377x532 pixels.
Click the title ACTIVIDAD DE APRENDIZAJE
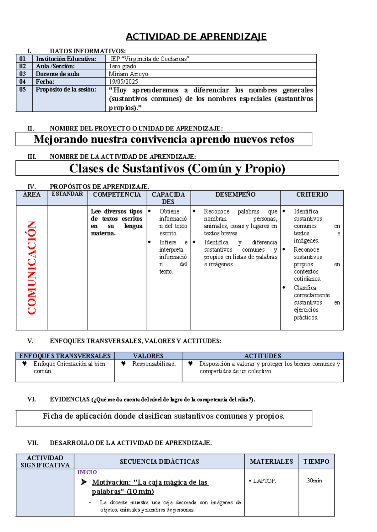click(196, 37)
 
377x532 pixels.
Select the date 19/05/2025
click(123, 82)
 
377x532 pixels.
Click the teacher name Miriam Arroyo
click(128, 74)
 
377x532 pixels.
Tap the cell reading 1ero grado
click(122, 66)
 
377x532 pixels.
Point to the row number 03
click(23, 74)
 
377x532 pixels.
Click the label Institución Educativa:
click(66, 59)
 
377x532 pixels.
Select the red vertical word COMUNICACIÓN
click(32, 268)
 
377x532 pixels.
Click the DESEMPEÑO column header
click(235, 194)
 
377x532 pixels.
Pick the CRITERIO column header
click(312, 194)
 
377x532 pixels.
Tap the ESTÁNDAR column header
click(67, 194)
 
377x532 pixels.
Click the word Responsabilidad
click(154, 364)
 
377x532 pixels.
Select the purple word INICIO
click(87, 472)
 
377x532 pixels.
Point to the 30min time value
click(314, 481)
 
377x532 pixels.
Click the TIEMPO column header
click(316, 461)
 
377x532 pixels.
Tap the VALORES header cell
click(148, 356)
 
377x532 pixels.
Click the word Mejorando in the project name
click(61, 139)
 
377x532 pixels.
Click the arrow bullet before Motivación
click(84, 482)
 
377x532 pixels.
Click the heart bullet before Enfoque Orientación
click(25, 364)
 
